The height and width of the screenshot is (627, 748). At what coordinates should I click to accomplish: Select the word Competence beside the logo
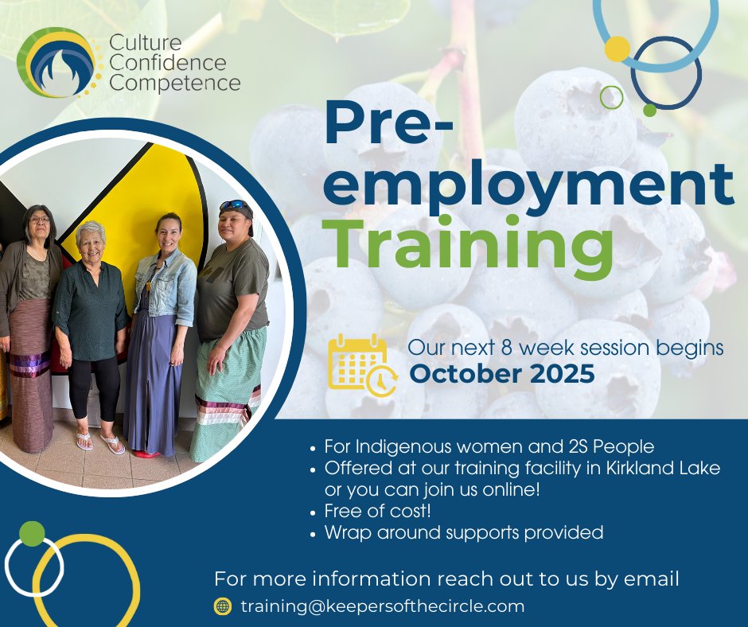(175, 82)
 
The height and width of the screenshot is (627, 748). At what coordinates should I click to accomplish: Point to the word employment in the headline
(528, 182)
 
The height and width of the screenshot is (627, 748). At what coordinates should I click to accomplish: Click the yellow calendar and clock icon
(358, 364)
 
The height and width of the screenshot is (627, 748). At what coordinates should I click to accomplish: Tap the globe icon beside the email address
(223, 606)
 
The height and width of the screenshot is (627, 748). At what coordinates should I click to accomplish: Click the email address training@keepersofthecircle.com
(382, 606)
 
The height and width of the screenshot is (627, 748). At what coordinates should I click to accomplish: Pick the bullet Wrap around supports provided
(463, 532)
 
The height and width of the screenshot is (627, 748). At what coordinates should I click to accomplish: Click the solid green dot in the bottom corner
(32, 533)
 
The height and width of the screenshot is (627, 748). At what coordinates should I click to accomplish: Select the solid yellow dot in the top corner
(617, 49)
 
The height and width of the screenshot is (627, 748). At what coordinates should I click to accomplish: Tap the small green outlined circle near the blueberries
(611, 97)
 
